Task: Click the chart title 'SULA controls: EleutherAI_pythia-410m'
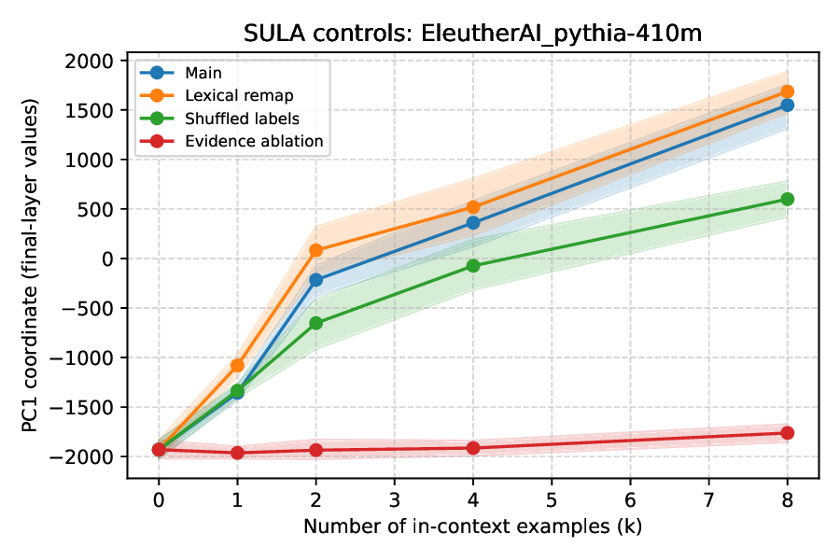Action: click(472, 34)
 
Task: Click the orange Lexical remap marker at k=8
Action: click(787, 91)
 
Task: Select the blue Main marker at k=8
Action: click(787, 105)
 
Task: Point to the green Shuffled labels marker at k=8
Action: click(787, 199)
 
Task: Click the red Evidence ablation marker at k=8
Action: click(787, 433)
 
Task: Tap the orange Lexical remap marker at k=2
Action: click(315, 250)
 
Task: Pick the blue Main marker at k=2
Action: click(315, 280)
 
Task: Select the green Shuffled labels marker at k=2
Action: click(315, 323)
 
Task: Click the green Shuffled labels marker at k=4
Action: click(473, 266)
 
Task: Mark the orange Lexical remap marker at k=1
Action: click(237, 365)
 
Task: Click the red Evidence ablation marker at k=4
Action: click(473, 448)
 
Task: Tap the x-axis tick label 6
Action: click(630, 497)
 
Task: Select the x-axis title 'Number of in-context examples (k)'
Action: click(472, 526)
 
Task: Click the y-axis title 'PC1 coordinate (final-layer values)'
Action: click(33, 269)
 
